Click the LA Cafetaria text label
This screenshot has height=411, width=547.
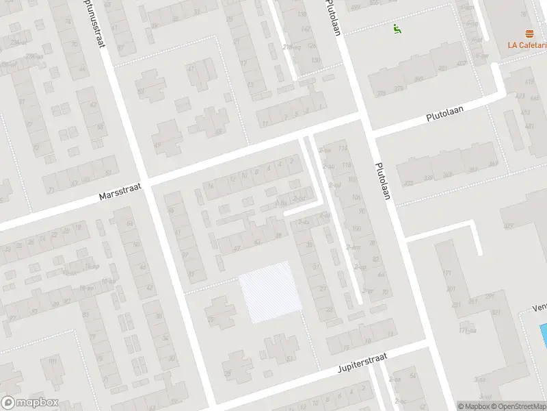pos(526,45)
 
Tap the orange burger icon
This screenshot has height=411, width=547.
pos(529,34)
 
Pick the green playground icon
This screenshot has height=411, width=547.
pos(396,28)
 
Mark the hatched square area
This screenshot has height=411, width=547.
pos(269,292)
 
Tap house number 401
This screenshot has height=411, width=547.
pos(442,68)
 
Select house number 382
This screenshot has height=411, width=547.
pos(409,183)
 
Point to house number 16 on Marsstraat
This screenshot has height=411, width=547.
pos(211,186)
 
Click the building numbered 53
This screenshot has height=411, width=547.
pos(289,358)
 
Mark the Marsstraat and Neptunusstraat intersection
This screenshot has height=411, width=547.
pos(146,181)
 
